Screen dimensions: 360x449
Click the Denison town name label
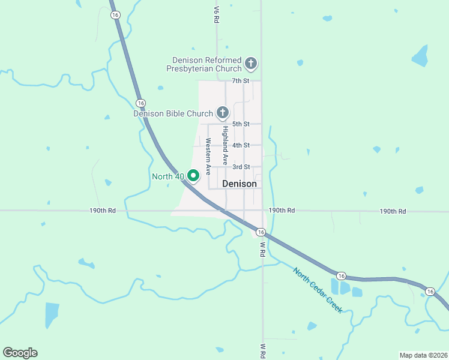(240, 184)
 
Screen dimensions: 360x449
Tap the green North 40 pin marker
(193, 176)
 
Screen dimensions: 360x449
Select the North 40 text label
(168, 176)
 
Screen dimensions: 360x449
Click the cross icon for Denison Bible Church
(223, 112)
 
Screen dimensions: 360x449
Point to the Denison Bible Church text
(173, 113)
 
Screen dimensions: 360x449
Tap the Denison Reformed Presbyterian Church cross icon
(251, 62)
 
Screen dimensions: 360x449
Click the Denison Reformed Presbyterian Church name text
(206, 64)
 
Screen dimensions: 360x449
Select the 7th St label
(241, 80)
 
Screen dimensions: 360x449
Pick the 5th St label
(241, 124)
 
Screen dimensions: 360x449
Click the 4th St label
(241, 145)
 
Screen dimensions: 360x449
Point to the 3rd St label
(241, 167)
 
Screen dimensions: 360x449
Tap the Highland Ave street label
(225, 145)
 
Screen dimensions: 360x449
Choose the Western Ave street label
(208, 156)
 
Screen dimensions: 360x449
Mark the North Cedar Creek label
(318, 290)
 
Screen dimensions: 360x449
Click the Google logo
(20, 353)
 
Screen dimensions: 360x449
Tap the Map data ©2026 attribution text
(423, 355)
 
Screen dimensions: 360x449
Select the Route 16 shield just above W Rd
(260, 232)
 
